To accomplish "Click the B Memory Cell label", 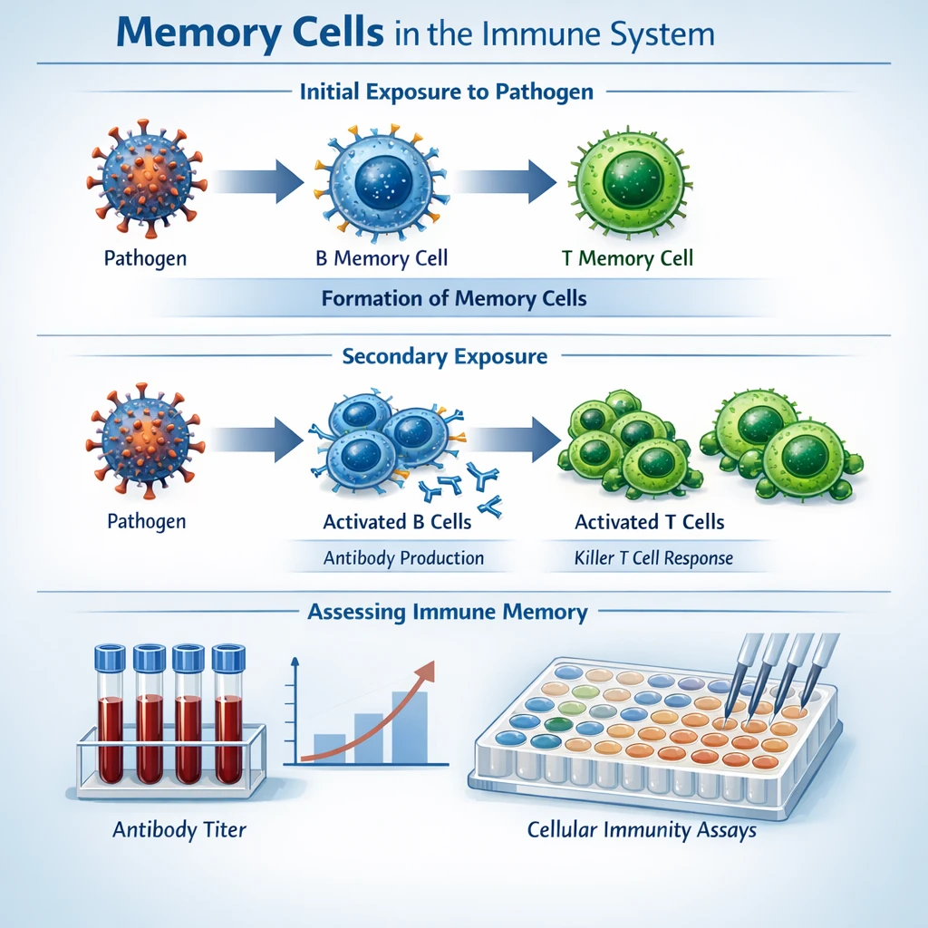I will point(382,258).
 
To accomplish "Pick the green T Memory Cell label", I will point(627,258).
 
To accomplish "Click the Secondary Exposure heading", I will point(444,356).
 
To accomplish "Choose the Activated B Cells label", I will point(397,522).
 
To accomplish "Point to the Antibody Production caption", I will point(403,557).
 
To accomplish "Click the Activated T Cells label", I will point(649,522).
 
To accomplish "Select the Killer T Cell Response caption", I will point(653,557).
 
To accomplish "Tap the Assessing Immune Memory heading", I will point(448,612).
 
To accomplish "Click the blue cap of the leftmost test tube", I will point(109,656).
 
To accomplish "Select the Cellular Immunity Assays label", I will point(642,829).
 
